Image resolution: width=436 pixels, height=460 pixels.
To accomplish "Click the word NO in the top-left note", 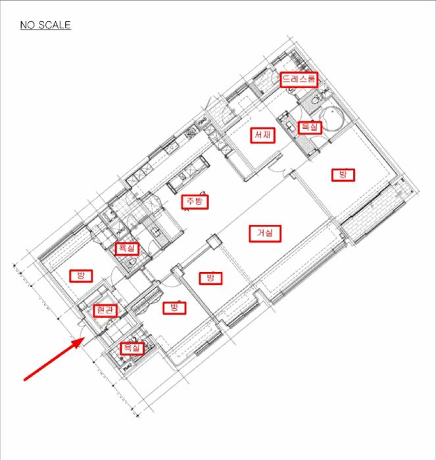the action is click(28, 25).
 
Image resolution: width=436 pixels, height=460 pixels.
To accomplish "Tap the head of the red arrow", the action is click(78, 342).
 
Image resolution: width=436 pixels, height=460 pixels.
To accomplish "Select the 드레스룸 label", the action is click(299, 80).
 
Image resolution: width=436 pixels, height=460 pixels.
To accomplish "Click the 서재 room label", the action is click(263, 135).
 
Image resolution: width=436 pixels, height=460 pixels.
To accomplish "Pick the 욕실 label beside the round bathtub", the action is click(310, 127).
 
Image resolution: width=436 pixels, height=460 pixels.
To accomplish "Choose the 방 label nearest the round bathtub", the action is click(343, 175).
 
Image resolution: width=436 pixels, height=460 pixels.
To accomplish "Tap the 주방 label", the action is click(195, 202).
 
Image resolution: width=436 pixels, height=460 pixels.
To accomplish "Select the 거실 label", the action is click(265, 233).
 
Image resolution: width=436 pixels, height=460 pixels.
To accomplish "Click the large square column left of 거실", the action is click(214, 242).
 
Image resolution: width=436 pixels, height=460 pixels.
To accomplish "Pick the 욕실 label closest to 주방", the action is click(127, 249).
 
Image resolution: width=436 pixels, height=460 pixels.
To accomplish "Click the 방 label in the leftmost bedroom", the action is click(81, 276).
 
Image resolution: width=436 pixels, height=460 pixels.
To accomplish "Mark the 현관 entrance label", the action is click(105, 311).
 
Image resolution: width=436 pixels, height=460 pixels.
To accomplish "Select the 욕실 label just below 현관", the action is click(132, 348).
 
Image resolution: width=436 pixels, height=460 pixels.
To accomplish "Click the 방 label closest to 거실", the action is click(210, 278).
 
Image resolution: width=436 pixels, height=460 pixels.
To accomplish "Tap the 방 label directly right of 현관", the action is click(174, 308).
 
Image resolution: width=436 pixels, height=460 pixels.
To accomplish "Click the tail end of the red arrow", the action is click(25, 380).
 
